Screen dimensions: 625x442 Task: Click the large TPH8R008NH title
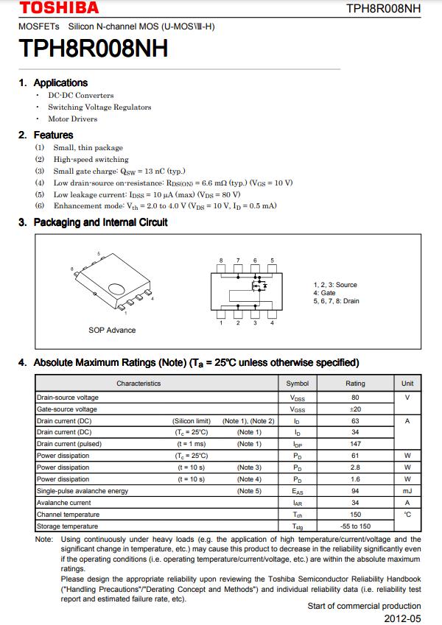(x=94, y=49)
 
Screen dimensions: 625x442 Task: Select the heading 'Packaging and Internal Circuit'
(x=100, y=222)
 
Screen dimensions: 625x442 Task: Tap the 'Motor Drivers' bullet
(x=72, y=119)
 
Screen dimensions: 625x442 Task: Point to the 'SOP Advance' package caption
(x=112, y=330)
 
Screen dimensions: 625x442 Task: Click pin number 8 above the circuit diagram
(x=221, y=261)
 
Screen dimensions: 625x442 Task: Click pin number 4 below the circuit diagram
(x=272, y=322)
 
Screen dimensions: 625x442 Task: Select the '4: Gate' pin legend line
(x=324, y=293)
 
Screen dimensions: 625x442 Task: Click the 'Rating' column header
(x=355, y=383)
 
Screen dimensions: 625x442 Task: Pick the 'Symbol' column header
(x=298, y=383)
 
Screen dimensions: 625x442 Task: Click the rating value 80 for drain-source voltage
(x=355, y=398)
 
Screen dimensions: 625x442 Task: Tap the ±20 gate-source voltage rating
(x=355, y=409)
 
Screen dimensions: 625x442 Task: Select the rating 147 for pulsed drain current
(x=355, y=444)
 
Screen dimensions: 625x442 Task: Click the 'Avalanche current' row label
(x=64, y=503)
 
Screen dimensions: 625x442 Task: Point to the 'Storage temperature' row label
(x=67, y=526)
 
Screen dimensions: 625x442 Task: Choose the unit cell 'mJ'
(x=407, y=491)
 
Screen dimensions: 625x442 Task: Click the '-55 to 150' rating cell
(x=355, y=526)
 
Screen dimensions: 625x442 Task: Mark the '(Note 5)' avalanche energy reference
(x=249, y=491)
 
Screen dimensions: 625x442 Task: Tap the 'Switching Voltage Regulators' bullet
(x=99, y=107)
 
